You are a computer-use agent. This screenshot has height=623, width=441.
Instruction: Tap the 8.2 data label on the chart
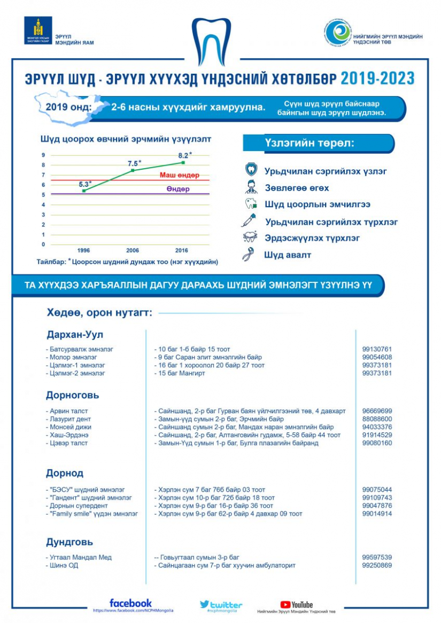tap(184, 155)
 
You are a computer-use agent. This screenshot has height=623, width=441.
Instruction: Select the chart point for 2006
tap(133, 170)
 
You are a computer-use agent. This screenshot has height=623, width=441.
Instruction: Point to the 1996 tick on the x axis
tap(83, 250)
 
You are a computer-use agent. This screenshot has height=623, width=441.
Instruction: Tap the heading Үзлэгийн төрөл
tap(310, 144)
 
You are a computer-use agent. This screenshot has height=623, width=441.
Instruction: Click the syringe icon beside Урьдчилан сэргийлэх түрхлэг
tap(250, 220)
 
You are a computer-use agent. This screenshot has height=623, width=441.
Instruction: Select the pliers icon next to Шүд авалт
tap(249, 255)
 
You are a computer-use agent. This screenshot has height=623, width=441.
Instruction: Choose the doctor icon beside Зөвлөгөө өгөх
tap(250, 187)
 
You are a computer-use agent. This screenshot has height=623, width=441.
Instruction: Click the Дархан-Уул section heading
tap(74, 334)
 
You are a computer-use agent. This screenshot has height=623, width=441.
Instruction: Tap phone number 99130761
tap(377, 349)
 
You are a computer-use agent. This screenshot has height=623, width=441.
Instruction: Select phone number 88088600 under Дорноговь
tap(377, 419)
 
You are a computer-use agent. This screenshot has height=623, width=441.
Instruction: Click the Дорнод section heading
tap(65, 473)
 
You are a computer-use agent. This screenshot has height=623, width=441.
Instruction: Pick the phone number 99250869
tap(377, 565)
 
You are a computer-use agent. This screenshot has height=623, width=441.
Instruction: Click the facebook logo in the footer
tap(130, 603)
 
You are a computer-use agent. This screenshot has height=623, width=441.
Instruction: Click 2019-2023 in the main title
tap(377, 78)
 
